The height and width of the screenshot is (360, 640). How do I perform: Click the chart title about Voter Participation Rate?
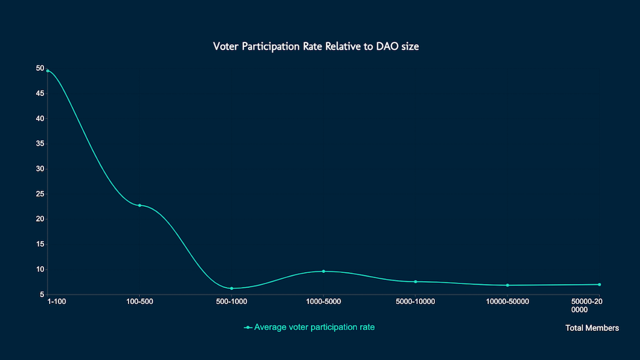[x=316, y=47]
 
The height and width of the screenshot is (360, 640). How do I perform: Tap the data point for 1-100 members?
[x=47, y=71]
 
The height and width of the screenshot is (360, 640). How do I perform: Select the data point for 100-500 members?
[x=139, y=205]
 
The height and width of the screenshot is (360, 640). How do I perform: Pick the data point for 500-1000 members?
[x=231, y=288]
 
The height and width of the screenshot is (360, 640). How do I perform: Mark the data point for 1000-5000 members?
[x=323, y=271]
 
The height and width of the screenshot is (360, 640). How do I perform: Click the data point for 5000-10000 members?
[x=415, y=282]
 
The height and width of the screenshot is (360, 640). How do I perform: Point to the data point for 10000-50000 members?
[x=507, y=285]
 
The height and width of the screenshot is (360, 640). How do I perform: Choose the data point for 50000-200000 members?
[x=599, y=285]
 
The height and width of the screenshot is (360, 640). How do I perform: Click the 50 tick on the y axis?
[x=40, y=68]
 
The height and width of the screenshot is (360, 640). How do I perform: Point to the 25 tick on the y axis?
[x=40, y=194]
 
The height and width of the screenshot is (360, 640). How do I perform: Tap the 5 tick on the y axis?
[x=42, y=294]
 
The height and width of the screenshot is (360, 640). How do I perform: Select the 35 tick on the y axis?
[x=40, y=143]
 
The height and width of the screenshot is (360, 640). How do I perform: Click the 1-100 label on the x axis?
[x=57, y=301]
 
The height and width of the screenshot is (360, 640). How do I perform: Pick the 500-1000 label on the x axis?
[x=231, y=301]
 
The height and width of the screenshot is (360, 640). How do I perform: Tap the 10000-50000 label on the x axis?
[x=507, y=301]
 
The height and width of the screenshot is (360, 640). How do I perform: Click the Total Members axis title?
[x=592, y=328]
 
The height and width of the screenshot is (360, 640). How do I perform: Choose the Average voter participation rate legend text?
[x=314, y=327]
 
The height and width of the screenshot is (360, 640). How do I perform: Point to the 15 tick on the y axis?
[x=40, y=244]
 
